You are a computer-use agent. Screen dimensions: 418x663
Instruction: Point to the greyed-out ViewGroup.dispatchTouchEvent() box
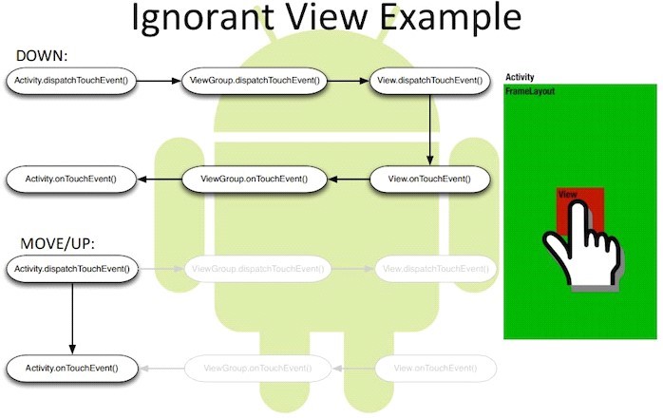tap(257, 270)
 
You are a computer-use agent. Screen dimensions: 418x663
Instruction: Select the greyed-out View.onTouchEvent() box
tap(435, 367)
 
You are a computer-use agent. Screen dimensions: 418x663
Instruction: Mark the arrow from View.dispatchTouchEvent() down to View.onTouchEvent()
tap(430, 129)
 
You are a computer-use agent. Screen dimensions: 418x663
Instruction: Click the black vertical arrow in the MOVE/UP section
tap(72, 318)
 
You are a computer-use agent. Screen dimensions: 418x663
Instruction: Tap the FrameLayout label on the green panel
tap(530, 92)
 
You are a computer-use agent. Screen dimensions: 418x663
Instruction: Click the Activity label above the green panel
tap(521, 77)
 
